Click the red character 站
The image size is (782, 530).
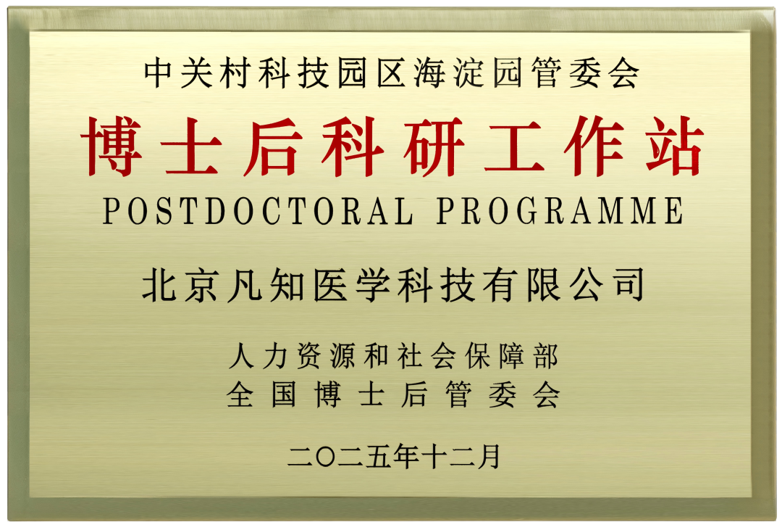675,149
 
